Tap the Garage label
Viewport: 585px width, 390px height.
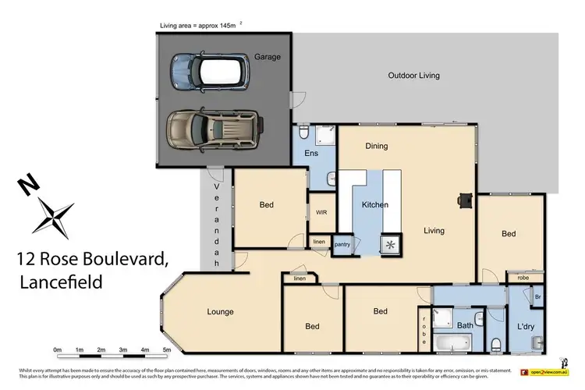267,57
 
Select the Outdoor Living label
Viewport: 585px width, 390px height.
413,76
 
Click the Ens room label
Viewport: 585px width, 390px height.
310,154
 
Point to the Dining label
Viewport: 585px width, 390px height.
377,146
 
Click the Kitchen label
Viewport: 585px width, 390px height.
374,204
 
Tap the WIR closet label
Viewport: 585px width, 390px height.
321,212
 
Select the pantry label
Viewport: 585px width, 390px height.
343,245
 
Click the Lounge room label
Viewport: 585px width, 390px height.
221,312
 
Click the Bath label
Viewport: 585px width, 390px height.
465,325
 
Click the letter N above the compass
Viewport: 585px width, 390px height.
30,185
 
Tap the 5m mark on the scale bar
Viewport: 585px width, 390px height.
167,350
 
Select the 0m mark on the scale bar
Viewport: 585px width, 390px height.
57,350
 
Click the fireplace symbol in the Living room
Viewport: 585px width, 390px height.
465,200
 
